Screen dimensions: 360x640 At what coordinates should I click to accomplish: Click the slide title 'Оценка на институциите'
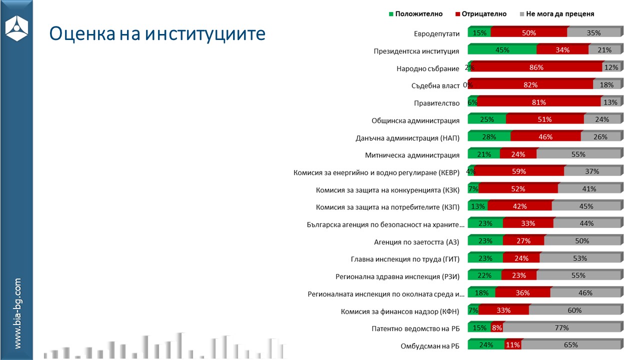[156, 33]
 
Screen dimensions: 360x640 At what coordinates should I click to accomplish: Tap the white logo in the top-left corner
[16, 28]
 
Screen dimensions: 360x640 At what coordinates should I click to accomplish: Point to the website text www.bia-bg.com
[17, 313]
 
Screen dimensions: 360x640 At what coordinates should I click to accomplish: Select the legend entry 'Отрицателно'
[480, 14]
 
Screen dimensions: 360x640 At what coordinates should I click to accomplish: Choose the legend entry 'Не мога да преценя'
[559, 14]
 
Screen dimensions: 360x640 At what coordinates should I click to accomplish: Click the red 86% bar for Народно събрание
[536, 67]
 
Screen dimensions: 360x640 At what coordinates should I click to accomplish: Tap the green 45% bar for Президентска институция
[502, 50]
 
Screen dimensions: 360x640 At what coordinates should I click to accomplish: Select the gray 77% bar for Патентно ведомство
[561, 328]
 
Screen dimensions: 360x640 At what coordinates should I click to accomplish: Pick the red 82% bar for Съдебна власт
[530, 85]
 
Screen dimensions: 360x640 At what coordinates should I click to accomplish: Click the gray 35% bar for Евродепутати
[593, 33]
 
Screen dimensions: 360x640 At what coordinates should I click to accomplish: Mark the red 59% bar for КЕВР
[519, 171]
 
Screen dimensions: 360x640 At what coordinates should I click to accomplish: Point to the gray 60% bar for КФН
[574, 310]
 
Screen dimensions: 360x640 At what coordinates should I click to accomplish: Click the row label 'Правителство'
[436, 103]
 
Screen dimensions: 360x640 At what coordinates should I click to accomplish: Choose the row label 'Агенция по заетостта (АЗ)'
[416, 242]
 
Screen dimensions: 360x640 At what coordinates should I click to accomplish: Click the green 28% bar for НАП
[489, 137]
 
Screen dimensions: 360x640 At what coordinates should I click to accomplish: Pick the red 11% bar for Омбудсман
[512, 345]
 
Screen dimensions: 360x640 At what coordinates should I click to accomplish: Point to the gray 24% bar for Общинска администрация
[602, 119]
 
